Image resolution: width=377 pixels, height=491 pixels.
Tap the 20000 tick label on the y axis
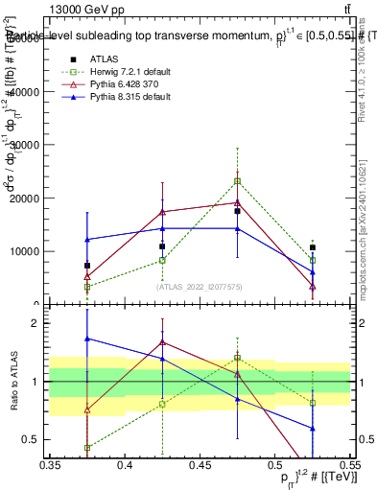pyautogui.click(x=26, y=199)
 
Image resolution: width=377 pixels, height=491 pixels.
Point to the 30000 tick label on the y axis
pyautogui.click(x=26, y=145)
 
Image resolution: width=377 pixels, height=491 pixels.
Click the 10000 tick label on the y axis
pyautogui.click(x=26, y=251)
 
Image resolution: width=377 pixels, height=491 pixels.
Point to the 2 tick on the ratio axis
pyautogui.click(x=38, y=323)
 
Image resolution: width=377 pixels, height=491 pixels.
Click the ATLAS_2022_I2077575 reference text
pyautogui.click(x=200, y=286)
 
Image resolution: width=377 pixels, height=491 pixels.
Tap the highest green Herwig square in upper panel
pyautogui.click(x=237, y=180)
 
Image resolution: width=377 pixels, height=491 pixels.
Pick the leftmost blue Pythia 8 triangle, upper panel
pyautogui.click(x=87, y=240)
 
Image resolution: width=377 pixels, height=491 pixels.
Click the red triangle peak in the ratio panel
pyautogui.click(x=162, y=340)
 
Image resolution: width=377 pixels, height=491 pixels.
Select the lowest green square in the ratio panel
pyautogui.click(x=87, y=448)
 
